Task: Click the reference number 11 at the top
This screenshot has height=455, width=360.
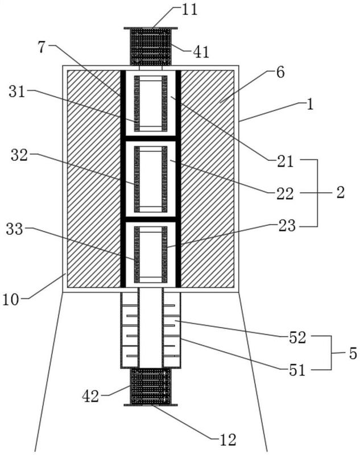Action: pyautogui.click(x=189, y=9)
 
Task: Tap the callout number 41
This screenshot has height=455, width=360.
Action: pyautogui.click(x=201, y=52)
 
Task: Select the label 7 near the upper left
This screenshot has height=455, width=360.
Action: pyautogui.click(x=42, y=47)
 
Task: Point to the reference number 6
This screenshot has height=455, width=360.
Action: pyautogui.click(x=280, y=72)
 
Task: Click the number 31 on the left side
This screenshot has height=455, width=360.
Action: pyautogui.click(x=17, y=92)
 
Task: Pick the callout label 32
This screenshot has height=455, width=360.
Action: pyautogui.click(x=19, y=155)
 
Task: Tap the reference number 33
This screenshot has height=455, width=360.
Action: pyautogui.click(x=15, y=229)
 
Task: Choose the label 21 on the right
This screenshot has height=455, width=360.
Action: pyautogui.click(x=285, y=162)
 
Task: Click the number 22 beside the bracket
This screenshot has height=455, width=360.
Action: pyautogui.click(x=285, y=194)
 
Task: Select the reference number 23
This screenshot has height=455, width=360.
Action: pyautogui.click(x=287, y=226)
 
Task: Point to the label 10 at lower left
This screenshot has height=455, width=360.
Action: pyautogui.click(x=11, y=300)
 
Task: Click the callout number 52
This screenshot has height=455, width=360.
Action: pyautogui.click(x=297, y=337)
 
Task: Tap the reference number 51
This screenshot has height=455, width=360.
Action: pyautogui.click(x=297, y=370)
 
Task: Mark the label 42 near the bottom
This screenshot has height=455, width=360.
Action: pyautogui.click(x=90, y=396)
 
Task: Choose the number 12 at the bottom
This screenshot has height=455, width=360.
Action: pyautogui.click(x=228, y=440)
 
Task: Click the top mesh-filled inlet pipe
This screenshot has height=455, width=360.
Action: pyautogui.click(x=151, y=47)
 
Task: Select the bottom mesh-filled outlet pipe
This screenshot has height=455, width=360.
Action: pyautogui.click(x=151, y=387)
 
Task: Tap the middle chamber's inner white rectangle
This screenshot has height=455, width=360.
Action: pyautogui.click(x=151, y=179)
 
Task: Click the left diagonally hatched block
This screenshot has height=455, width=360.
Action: pyautogui.click(x=94, y=179)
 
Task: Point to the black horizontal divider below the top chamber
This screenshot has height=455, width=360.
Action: pyautogui.click(x=151, y=138)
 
